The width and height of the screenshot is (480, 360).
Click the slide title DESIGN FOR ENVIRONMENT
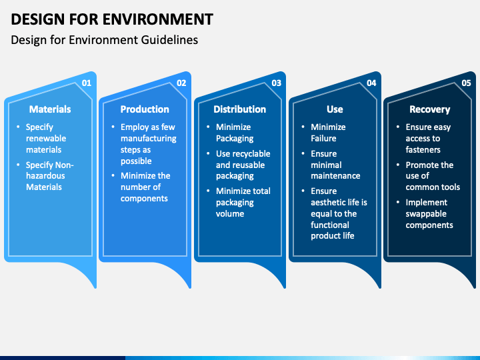tap(112, 19)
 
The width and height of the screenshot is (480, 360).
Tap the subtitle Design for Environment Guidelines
tap(105, 40)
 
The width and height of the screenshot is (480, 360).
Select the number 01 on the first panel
tap(87, 83)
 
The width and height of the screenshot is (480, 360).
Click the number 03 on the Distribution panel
tap(277, 83)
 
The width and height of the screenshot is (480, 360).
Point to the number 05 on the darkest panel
tap(466, 83)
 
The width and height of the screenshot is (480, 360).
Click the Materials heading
tap(50, 109)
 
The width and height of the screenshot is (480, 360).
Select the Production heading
tap(145, 109)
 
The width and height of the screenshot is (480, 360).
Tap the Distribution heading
tap(240, 109)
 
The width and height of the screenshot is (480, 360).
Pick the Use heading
tap(335, 109)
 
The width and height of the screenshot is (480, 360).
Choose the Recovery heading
tap(430, 109)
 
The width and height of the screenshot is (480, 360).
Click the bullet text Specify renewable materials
tap(46, 139)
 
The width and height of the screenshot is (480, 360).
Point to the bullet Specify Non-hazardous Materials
tap(49, 176)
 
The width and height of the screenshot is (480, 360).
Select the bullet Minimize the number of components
tap(145, 187)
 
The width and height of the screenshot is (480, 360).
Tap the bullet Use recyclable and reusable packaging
tap(243, 165)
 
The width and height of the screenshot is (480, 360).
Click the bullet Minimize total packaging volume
tap(243, 203)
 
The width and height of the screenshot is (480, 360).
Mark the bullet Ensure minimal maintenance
tap(335, 165)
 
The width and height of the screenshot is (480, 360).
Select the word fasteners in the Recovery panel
tap(423, 150)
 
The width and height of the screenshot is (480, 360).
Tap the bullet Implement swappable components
tap(429, 214)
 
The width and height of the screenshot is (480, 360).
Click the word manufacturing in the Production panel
tap(149, 139)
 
